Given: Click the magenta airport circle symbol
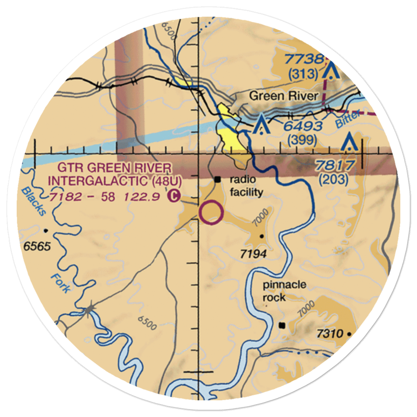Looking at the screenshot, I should point(211,212).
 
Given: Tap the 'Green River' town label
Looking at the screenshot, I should point(284,96).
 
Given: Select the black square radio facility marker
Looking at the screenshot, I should point(218,180).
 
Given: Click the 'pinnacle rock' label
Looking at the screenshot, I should point(284,291).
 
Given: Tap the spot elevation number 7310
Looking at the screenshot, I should point(329,334).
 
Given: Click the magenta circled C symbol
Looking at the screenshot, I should point(173,195).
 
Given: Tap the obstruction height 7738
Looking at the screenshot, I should point(304,60).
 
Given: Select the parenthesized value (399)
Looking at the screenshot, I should point(303,141).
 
